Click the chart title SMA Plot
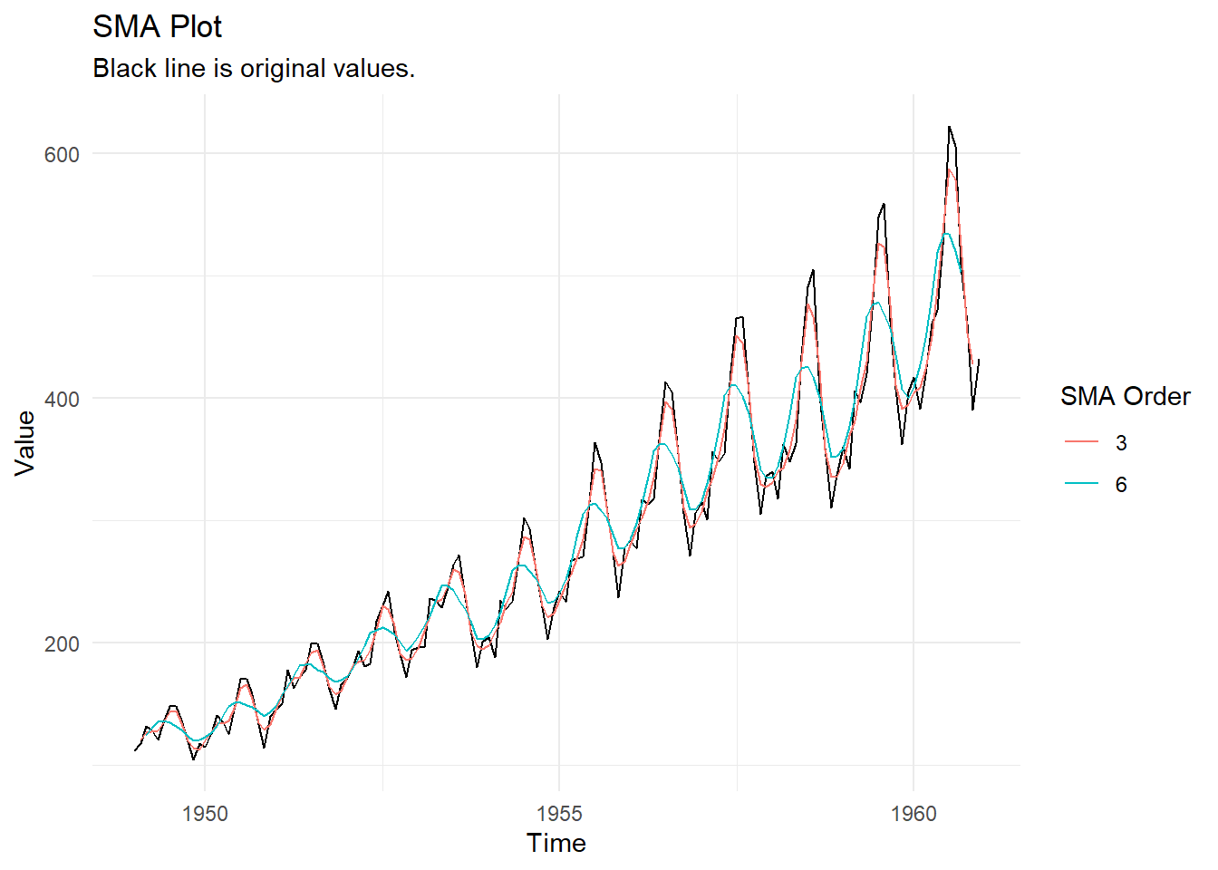[157, 27]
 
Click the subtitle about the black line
[254, 69]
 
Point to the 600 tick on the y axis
[62, 154]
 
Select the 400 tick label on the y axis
[62, 399]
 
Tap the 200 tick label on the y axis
[62, 643]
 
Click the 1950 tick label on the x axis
[205, 814]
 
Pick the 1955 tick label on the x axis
[559, 814]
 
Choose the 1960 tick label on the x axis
[913, 814]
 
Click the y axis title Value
[25, 442]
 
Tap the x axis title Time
[556, 844]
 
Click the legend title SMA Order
[1125, 397]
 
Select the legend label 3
[1121, 443]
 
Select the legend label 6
[1121, 485]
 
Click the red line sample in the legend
[1081, 442]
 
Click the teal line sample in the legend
[1081, 484]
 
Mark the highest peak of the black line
[949, 127]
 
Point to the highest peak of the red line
[950, 169]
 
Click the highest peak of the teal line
[945, 234]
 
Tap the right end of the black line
[979, 360]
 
